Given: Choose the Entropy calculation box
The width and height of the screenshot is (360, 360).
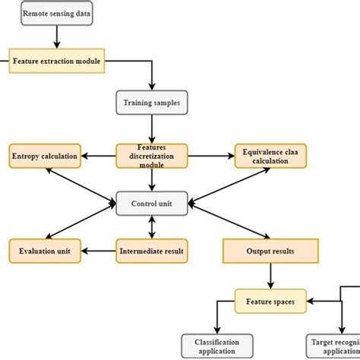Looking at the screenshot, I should coord(44,156).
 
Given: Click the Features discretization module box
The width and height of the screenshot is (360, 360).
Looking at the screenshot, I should coord(152,156).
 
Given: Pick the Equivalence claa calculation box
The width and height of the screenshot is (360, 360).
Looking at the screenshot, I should coord(264,156).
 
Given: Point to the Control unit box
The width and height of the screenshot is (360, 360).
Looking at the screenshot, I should coord(152,204).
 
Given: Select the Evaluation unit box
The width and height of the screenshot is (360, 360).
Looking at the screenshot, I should coord(44,249).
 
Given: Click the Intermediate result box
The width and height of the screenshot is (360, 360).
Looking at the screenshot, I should coord(152,249).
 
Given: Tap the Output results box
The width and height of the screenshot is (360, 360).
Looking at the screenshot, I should coord(270,250).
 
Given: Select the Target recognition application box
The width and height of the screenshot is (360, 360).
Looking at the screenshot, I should coord(331,346).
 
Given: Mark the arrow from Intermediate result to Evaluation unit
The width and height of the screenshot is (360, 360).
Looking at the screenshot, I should coord(99,249).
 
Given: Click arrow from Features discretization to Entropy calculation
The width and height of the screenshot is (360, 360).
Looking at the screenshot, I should coord(98,156).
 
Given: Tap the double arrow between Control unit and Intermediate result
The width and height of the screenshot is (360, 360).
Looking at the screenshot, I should coord(152,226).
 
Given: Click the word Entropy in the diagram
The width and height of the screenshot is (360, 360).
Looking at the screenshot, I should coord(27,156).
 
